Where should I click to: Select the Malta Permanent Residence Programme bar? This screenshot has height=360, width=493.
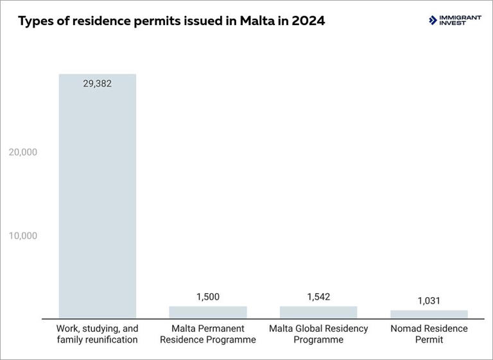click(208, 312)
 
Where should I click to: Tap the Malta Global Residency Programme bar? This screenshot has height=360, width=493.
click(318, 312)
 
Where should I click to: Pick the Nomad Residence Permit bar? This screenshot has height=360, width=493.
click(429, 314)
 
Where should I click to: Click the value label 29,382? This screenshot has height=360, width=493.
click(98, 83)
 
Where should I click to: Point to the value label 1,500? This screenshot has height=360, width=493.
click(208, 297)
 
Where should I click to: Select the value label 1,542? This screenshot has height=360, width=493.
click(318, 297)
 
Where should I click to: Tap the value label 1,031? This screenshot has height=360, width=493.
click(429, 301)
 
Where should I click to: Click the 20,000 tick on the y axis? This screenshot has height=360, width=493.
click(22, 152)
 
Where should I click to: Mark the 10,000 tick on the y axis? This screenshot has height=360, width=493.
click(22, 236)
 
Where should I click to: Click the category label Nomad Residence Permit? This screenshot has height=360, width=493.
click(429, 334)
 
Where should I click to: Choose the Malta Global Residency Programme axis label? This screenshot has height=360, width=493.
click(318, 334)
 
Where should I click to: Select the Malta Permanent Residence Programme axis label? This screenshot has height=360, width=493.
click(208, 334)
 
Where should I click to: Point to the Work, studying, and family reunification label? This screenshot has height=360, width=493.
click(98, 334)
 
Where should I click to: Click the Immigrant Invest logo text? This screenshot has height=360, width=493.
click(460, 21)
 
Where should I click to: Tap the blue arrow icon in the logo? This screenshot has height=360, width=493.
click(433, 21)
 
